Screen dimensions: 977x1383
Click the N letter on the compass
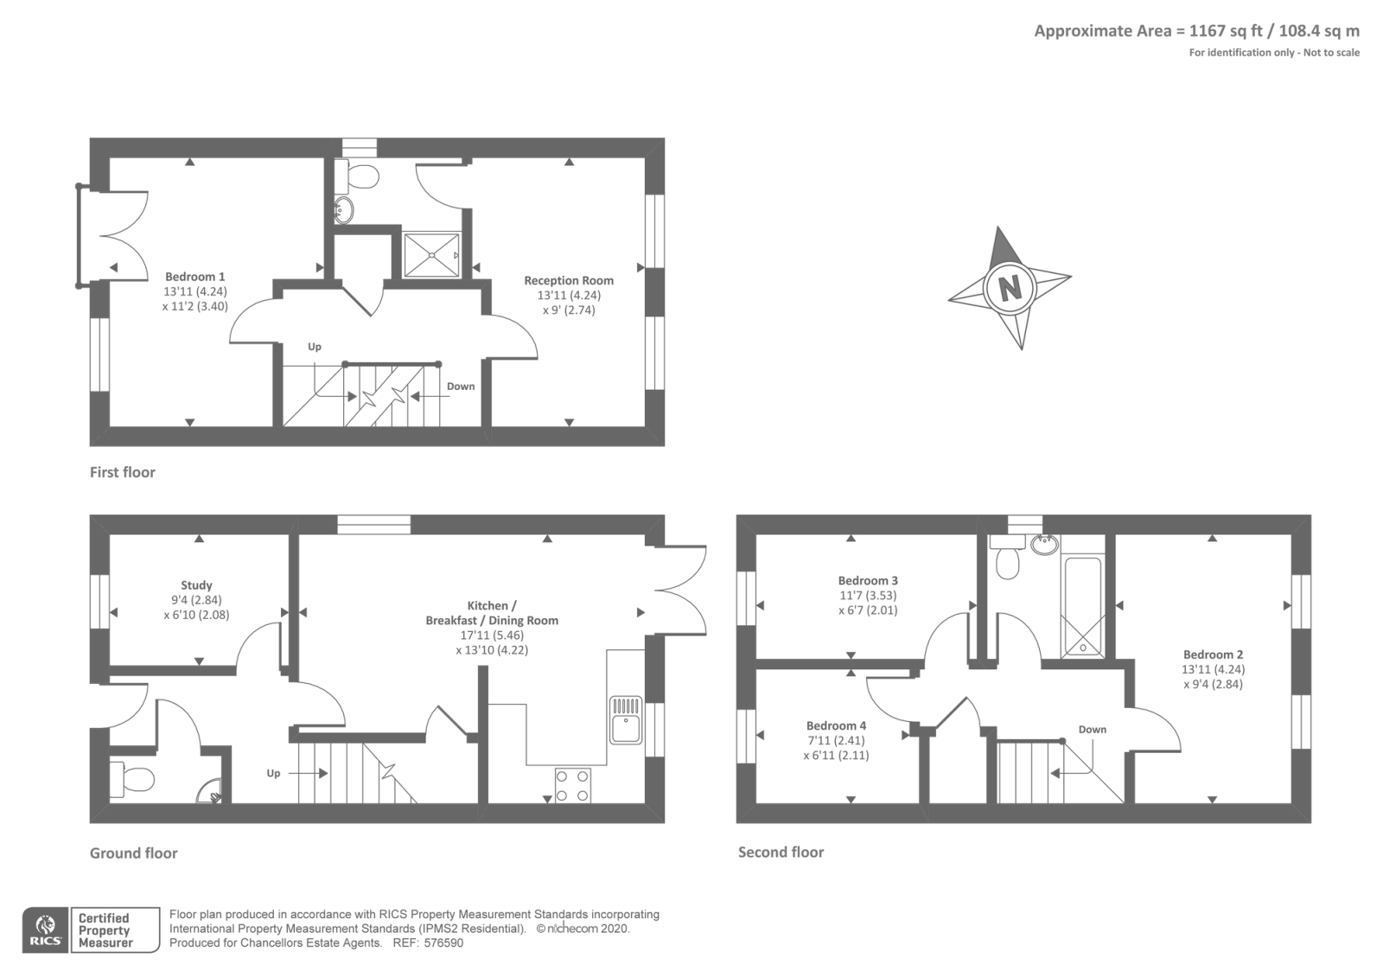click(x=1010, y=286)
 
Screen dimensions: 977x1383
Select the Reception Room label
click(x=569, y=280)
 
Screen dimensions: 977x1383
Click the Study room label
click(x=196, y=585)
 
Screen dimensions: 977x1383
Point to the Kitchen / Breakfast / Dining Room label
click(x=492, y=613)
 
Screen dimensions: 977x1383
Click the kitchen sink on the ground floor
click(x=625, y=719)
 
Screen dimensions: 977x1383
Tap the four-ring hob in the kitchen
click(x=572, y=785)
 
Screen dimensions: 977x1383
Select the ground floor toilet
click(x=131, y=779)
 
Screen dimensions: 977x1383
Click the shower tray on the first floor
click(x=431, y=255)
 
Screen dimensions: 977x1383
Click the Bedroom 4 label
click(x=836, y=725)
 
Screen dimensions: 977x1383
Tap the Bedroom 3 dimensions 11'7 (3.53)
click(x=867, y=595)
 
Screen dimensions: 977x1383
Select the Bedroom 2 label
click(x=1214, y=655)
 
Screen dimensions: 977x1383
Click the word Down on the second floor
click(x=1092, y=729)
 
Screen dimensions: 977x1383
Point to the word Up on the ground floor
click(x=273, y=773)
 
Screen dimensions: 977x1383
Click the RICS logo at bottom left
click(x=45, y=930)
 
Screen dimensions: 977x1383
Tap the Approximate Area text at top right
click(x=1196, y=31)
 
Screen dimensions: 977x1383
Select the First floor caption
click(x=123, y=472)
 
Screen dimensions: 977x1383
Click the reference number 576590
click(x=444, y=943)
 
